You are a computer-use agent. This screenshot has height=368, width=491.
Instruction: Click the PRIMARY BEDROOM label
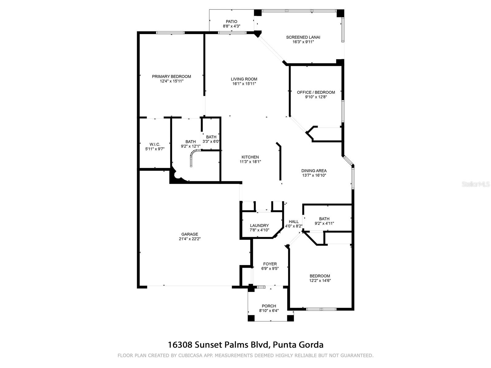(x=171, y=76)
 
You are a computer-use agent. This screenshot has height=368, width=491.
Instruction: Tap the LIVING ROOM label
(x=244, y=79)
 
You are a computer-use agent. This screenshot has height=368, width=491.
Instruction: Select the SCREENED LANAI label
(x=303, y=37)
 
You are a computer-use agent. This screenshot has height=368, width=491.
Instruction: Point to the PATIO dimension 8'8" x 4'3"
(x=231, y=26)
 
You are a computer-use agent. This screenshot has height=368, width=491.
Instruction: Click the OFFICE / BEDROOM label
(x=316, y=92)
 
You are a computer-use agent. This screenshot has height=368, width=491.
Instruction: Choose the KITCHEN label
(x=250, y=157)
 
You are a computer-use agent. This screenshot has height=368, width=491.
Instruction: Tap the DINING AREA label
(x=314, y=171)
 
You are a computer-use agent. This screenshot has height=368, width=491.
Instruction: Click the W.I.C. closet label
(x=155, y=144)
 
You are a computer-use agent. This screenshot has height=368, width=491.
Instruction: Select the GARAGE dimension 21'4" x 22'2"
(x=189, y=239)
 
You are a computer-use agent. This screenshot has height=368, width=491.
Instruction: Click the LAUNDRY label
(x=259, y=225)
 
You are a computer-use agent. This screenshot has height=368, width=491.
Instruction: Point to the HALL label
(x=294, y=222)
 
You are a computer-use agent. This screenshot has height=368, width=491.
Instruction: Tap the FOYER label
(x=270, y=264)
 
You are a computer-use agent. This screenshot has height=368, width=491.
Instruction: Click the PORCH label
(x=269, y=306)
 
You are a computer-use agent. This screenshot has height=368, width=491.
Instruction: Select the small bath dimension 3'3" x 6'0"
(x=211, y=141)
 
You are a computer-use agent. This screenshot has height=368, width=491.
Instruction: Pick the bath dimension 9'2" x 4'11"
(x=324, y=224)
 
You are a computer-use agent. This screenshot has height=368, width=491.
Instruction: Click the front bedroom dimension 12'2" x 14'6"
(x=320, y=280)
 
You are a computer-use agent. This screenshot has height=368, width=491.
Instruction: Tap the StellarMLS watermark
(x=475, y=184)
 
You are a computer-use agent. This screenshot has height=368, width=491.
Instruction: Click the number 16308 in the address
(x=180, y=345)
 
